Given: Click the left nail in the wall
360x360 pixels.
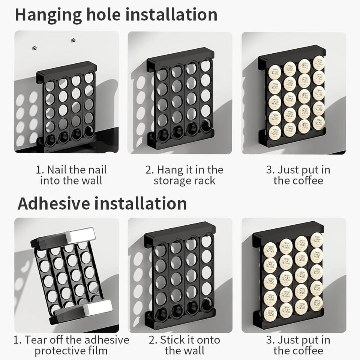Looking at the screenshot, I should click(34, 47).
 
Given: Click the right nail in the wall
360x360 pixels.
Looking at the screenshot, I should click(73, 40).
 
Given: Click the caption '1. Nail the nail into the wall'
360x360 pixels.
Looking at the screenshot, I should click(71, 175).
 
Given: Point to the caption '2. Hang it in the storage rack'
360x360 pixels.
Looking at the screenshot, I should click(184, 175).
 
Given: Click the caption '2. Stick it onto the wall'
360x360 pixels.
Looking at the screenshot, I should click(184, 345).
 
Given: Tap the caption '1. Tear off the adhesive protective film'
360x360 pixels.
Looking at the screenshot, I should click(71, 345).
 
